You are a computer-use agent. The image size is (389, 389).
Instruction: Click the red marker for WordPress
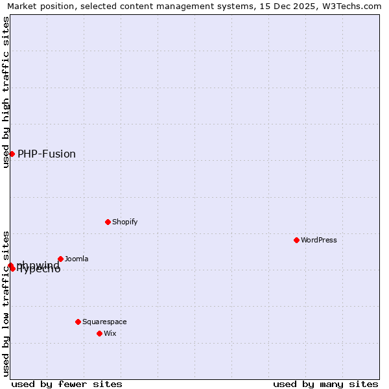[x=296, y=240]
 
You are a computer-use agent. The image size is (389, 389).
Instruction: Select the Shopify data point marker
[x=108, y=222]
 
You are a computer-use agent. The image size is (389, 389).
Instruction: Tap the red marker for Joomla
[x=60, y=259]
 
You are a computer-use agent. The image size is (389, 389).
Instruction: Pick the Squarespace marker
[x=78, y=322]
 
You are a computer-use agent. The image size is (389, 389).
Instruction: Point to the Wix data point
[x=99, y=333]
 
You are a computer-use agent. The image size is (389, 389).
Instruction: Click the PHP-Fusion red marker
[x=12, y=154]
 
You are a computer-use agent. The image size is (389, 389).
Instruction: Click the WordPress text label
[x=319, y=240]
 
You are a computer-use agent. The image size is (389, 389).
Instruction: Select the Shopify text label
[x=124, y=222]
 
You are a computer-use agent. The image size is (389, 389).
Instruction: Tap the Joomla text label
[x=77, y=259]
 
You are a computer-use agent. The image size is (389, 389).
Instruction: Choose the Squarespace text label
[x=104, y=322]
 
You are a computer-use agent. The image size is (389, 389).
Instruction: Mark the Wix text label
[x=110, y=333]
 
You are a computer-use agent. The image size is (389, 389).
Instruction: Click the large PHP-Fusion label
[x=47, y=154]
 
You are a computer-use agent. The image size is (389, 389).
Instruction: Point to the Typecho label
[x=39, y=270]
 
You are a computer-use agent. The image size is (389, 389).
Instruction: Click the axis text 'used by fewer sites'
[x=67, y=384]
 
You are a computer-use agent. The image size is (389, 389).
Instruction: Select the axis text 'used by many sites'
[x=325, y=384]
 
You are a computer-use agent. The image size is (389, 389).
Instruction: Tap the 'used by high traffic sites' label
[x=6, y=92]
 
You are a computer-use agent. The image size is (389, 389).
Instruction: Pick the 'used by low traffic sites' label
[x=6, y=303]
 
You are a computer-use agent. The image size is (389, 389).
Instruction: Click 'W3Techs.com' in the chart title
[x=355, y=6]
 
